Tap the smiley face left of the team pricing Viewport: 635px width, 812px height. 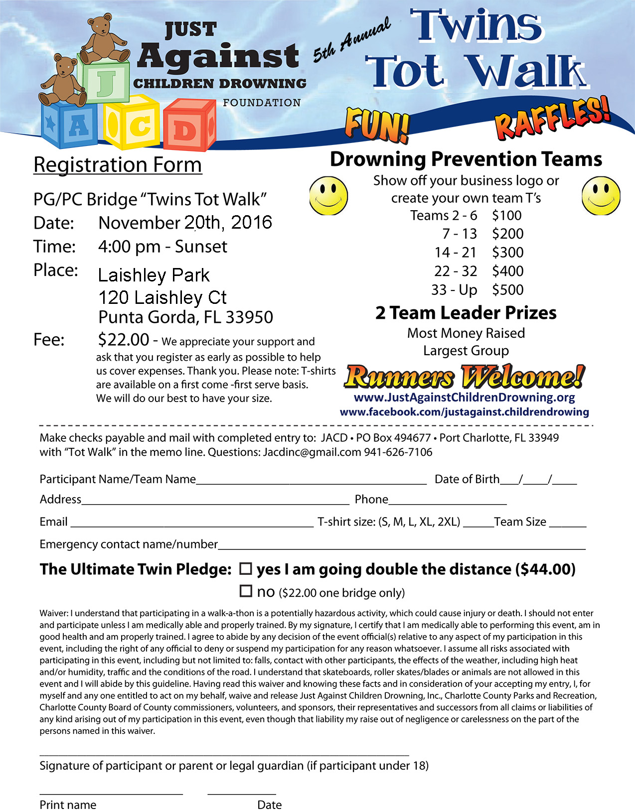pos(328,196)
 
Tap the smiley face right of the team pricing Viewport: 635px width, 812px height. pos(601,196)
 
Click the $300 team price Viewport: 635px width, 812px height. pos(507,253)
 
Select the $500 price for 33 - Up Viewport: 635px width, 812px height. pos(507,290)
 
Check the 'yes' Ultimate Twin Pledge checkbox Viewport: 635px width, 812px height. pos(246,568)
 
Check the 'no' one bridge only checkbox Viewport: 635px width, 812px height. pos(246,591)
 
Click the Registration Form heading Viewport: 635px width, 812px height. pos(118,165)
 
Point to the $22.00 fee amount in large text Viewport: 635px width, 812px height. pos(124,340)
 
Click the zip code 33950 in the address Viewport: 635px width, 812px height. pos(249,317)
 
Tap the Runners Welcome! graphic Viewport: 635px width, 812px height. pos(464,377)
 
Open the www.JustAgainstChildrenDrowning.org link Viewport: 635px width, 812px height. pos(464,398)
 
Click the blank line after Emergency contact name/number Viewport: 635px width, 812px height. pos(401,548)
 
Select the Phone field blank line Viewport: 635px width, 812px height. pos(447,503)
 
